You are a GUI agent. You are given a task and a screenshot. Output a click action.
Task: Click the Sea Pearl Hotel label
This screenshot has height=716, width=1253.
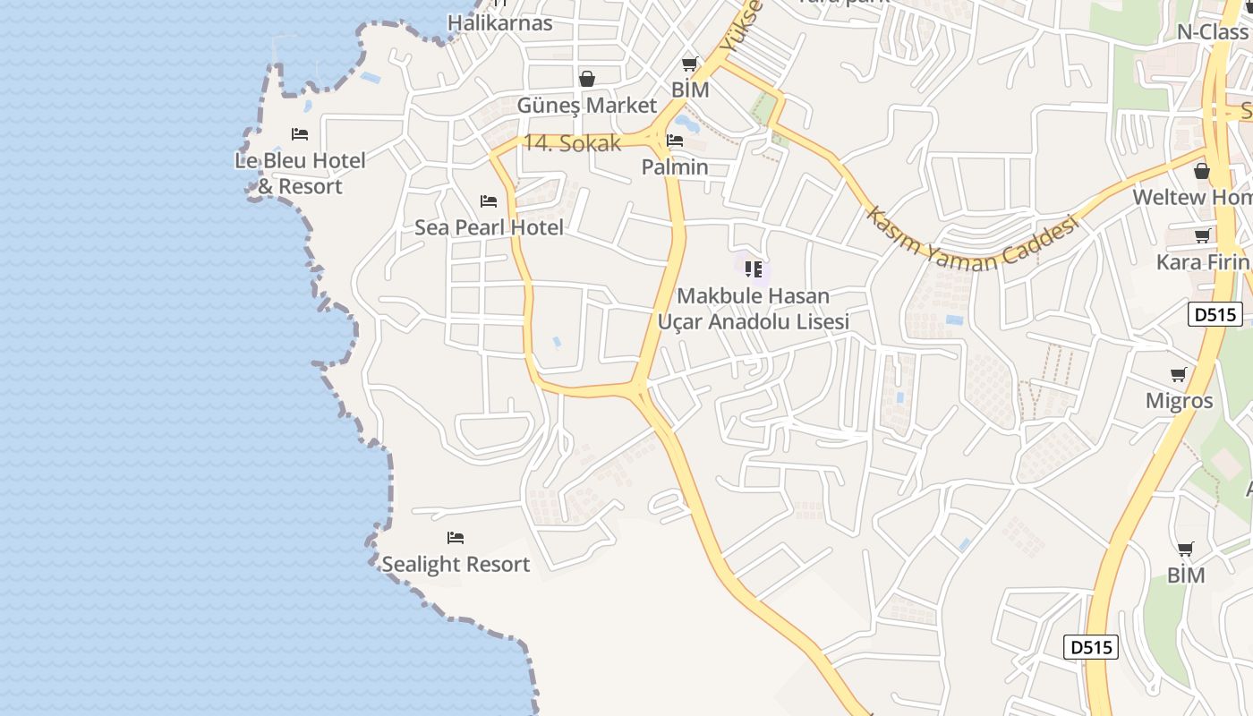[489, 227]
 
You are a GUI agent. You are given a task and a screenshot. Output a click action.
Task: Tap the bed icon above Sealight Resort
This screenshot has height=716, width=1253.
[456, 538]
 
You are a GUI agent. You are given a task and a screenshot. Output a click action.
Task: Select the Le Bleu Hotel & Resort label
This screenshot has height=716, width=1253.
[300, 174]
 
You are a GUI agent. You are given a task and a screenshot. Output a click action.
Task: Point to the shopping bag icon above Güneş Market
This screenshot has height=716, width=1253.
[587, 79]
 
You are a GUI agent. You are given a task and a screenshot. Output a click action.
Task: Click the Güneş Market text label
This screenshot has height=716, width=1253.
[587, 105]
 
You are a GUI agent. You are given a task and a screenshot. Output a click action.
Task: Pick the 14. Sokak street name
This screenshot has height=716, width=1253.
[572, 143]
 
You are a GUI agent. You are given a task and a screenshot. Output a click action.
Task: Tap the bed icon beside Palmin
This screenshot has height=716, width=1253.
[675, 141]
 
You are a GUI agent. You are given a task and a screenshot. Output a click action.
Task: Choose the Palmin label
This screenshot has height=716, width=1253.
[675, 166]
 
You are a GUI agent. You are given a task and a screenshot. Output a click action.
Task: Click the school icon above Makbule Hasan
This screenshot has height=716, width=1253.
[754, 268]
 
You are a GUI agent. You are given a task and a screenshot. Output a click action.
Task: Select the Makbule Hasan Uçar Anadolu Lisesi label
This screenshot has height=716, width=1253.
[754, 308]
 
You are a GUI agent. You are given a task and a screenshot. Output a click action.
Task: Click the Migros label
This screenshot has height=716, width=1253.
[1179, 400]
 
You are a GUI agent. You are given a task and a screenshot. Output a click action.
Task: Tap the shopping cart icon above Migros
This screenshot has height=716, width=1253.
[1179, 374]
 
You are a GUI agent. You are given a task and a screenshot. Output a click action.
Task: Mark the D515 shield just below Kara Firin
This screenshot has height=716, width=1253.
[1215, 314]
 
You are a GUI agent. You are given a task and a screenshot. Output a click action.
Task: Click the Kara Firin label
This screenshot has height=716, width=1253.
[1202, 261]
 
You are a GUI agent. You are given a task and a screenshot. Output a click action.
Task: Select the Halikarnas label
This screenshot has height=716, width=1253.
[500, 22]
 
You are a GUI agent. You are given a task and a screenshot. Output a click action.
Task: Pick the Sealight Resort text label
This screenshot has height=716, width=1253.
[456, 564]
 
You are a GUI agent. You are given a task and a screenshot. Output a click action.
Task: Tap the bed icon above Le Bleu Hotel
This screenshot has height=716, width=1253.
[300, 134]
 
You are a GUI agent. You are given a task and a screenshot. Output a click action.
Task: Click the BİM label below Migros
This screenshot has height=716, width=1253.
[1186, 575]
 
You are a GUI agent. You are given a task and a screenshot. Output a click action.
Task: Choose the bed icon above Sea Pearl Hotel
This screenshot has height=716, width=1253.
[489, 201]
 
